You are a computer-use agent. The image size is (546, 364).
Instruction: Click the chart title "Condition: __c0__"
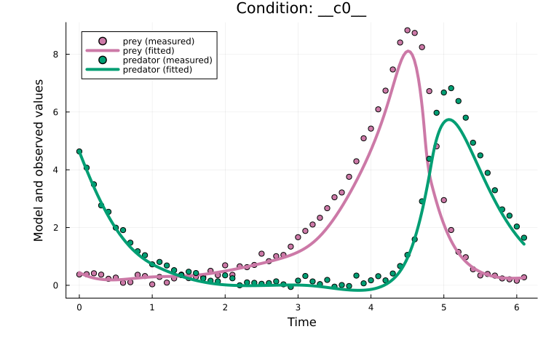click(301, 9)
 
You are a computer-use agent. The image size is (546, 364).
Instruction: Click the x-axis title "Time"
click(301, 321)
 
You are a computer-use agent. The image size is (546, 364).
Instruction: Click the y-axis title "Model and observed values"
click(39, 160)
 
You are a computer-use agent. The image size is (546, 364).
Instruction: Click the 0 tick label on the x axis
click(79, 307)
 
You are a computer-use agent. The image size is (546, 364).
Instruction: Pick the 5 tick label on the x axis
click(443, 307)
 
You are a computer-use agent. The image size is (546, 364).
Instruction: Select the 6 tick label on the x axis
click(516, 307)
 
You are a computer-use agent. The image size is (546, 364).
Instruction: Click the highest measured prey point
click(407, 31)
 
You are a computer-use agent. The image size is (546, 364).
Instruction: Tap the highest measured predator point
click(451, 88)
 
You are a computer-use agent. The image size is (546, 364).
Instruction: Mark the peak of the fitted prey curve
click(408, 51)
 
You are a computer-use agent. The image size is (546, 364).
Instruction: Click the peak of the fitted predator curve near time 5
click(449, 119)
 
